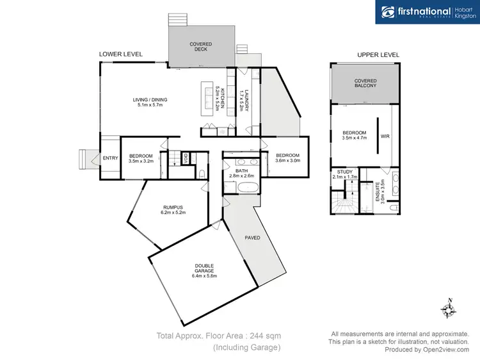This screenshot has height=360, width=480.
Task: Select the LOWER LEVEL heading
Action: [121, 54]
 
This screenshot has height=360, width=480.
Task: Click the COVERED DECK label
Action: [200, 47]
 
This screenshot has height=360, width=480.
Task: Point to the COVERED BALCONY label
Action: [365, 83]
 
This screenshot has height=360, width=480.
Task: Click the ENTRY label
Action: [110, 159]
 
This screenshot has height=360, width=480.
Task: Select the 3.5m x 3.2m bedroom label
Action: [141, 159]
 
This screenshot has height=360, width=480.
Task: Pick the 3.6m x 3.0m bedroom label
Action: [287, 158]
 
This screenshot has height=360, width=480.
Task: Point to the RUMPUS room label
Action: [173, 209]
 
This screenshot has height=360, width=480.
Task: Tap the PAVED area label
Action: [252, 237]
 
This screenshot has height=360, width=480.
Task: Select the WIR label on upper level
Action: [385, 136]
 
